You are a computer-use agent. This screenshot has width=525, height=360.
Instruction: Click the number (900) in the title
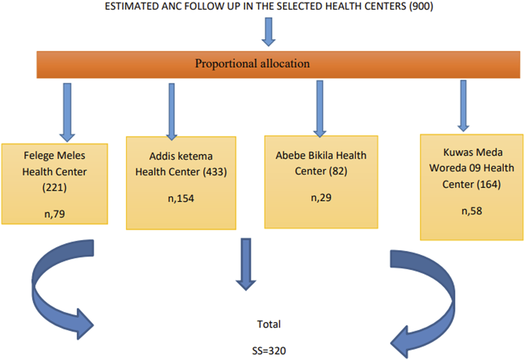coord(421,6)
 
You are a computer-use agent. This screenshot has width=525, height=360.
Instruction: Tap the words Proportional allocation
coord(253,63)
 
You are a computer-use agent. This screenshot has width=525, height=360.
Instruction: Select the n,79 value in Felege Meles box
coord(55,214)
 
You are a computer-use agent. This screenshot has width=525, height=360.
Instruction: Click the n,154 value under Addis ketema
coord(181,198)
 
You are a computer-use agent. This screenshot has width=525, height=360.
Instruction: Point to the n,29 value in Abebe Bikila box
coord(321,198)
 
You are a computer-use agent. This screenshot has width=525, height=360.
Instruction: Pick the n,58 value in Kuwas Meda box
coord(472,211)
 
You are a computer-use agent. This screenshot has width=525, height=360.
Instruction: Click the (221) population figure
coord(55,187)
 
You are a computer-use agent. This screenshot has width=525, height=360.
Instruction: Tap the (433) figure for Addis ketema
coord(215,172)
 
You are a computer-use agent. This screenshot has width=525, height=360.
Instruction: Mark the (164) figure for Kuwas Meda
coord(489,184)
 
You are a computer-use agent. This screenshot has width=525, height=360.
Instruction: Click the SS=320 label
coord(269,351)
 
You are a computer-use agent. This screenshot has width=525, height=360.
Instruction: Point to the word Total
coord(269,324)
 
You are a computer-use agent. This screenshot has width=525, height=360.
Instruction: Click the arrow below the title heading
coord(269,32)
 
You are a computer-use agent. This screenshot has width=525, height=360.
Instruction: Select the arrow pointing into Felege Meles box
coord(67,112)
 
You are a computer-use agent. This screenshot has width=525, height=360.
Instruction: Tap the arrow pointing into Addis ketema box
coord(172,112)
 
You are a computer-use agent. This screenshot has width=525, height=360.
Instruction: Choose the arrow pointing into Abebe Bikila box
coord(320,109)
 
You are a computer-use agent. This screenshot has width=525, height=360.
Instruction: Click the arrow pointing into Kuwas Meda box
coord(463,106)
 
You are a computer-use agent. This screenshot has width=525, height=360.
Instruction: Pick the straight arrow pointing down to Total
coord(246,264)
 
